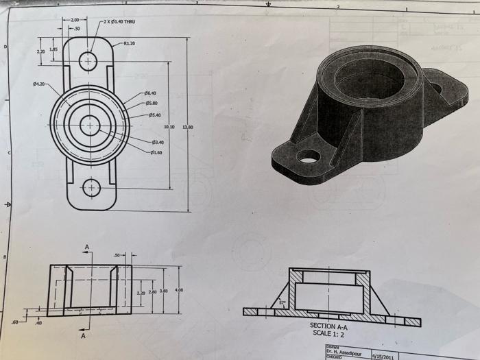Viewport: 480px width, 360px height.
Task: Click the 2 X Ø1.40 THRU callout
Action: [x=119, y=22]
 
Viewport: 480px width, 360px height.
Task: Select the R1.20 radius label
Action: [x=129, y=43]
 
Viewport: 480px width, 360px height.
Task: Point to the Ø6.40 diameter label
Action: [x=150, y=93]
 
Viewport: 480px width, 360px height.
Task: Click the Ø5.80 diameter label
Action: [x=152, y=104]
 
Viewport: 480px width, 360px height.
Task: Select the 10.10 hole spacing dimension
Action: [x=170, y=128]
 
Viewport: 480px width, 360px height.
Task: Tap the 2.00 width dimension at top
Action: [x=74, y=21]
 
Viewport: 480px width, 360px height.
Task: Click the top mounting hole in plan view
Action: [x=88, y=61]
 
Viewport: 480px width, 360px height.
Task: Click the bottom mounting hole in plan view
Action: [x=90, y=187]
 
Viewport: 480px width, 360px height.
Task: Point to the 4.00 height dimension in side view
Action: [x=179, y=291]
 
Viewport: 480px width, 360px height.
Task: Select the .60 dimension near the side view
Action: [x=15, y=322]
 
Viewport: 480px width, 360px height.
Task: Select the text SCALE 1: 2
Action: [x=329, y=333]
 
